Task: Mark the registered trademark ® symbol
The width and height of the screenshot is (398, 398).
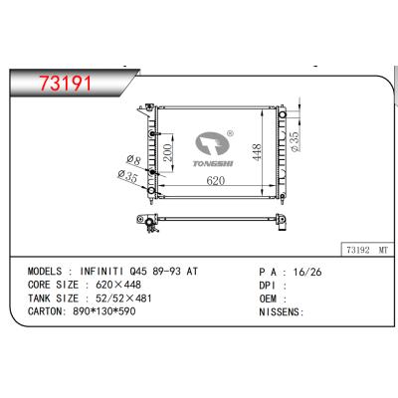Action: point(230,130)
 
